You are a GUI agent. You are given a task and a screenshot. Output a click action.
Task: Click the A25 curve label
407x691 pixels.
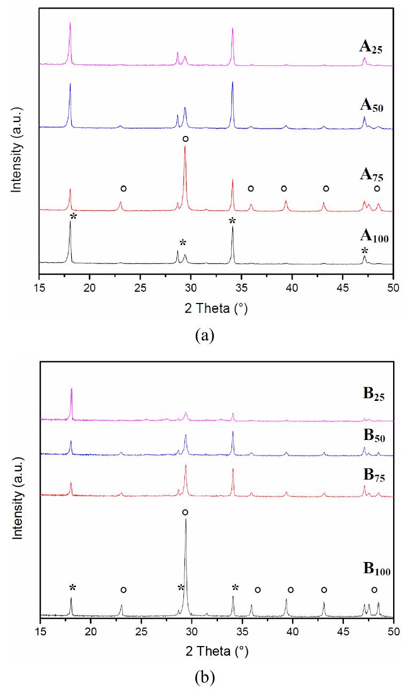tap(371, 48)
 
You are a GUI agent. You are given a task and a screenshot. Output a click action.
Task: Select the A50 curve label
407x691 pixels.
tap(372, 106)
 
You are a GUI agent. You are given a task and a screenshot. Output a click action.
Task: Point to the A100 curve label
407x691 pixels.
tap(374, 237)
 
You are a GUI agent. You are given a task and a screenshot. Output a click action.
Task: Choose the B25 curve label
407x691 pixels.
tap(374, 394)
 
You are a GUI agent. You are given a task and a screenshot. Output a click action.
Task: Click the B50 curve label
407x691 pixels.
tap(374, 436)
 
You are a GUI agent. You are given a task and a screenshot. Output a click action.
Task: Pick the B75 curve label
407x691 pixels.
tap(374, 475)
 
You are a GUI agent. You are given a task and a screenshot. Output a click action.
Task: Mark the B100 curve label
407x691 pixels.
tap(377, 569)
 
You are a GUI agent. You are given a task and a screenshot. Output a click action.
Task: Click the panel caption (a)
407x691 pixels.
tap(204, 335)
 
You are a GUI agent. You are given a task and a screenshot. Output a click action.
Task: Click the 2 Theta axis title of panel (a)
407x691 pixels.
tap(216, 308)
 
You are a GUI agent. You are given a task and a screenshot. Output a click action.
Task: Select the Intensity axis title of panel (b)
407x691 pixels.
tap(18, 498)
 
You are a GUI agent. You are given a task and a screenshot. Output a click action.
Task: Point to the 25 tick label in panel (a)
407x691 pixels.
tap(140, 288)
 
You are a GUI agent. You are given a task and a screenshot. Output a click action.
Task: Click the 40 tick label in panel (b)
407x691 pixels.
tap(293, 632)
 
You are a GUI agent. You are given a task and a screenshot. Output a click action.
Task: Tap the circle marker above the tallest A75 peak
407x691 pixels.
tap(185, 139)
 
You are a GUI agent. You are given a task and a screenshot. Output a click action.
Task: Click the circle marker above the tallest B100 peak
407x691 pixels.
tap(185, 512)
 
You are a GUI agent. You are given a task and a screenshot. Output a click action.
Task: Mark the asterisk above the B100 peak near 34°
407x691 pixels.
tap(235, 587)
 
